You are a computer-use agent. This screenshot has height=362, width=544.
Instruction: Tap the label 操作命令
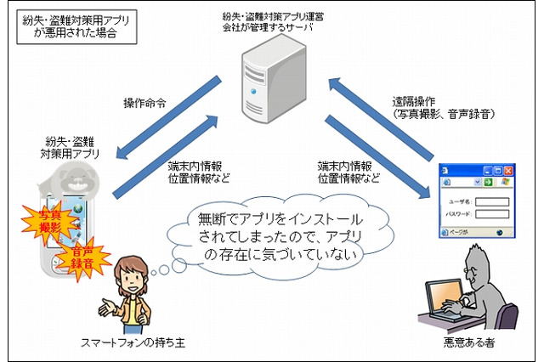[x=144, y=103]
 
